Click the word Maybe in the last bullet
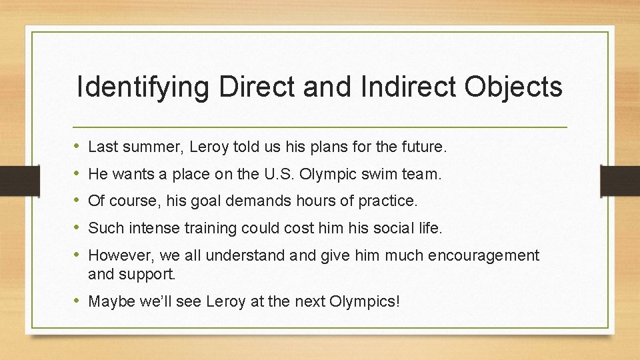point(110,302)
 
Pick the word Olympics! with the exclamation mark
point(365,302)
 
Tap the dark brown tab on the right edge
point(620,180)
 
